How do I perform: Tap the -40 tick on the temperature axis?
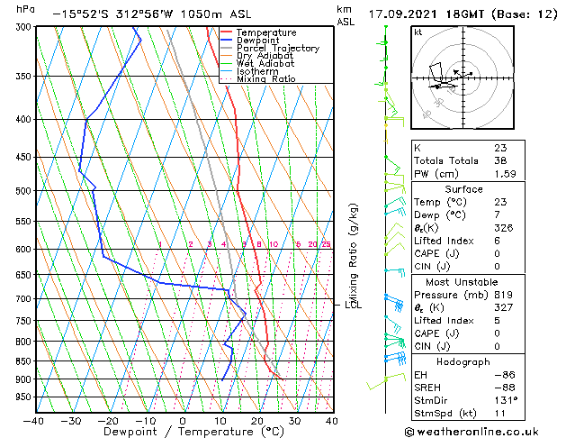click(34, 420)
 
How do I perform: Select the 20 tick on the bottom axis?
click(257, 420)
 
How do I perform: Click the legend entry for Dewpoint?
click(259, 41)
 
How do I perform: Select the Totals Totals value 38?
click(500, 160)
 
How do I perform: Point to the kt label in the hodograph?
click(418, 32)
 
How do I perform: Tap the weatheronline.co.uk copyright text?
click(483, 432)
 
